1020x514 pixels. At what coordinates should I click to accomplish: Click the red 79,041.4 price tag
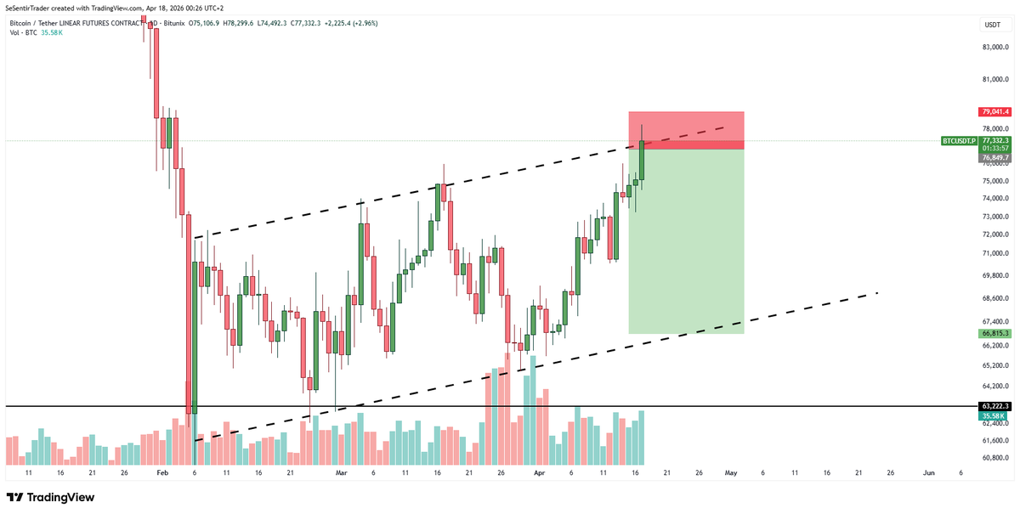click(x=994, y=111)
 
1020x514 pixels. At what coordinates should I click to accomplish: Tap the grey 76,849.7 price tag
click(x=994, y=157)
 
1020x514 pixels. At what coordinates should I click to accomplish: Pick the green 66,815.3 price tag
click(x=994, y=334)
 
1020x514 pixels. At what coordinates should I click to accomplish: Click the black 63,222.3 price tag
click(x=994, y=406)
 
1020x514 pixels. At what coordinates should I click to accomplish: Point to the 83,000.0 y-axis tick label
click(x=994, y=48)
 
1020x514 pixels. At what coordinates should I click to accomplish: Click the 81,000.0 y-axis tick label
click(x=994, y=80)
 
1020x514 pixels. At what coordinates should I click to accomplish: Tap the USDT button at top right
click(x=992, y=25)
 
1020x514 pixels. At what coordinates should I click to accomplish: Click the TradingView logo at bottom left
click(x=51, y=498)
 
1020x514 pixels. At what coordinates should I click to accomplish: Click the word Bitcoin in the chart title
click(x=24, y=23)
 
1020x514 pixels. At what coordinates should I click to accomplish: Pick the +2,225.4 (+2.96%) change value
click(x=348, y=23)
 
